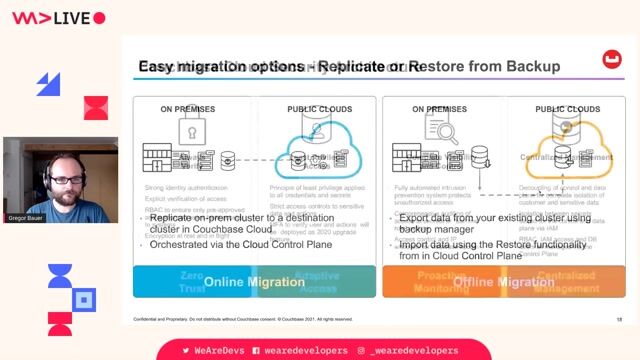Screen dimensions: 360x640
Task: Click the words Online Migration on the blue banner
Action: (254, 282)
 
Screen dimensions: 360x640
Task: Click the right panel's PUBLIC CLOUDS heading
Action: (567, 109)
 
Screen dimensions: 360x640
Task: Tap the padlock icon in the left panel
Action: (192, 131)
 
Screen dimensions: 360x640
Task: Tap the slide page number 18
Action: (619, 319)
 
